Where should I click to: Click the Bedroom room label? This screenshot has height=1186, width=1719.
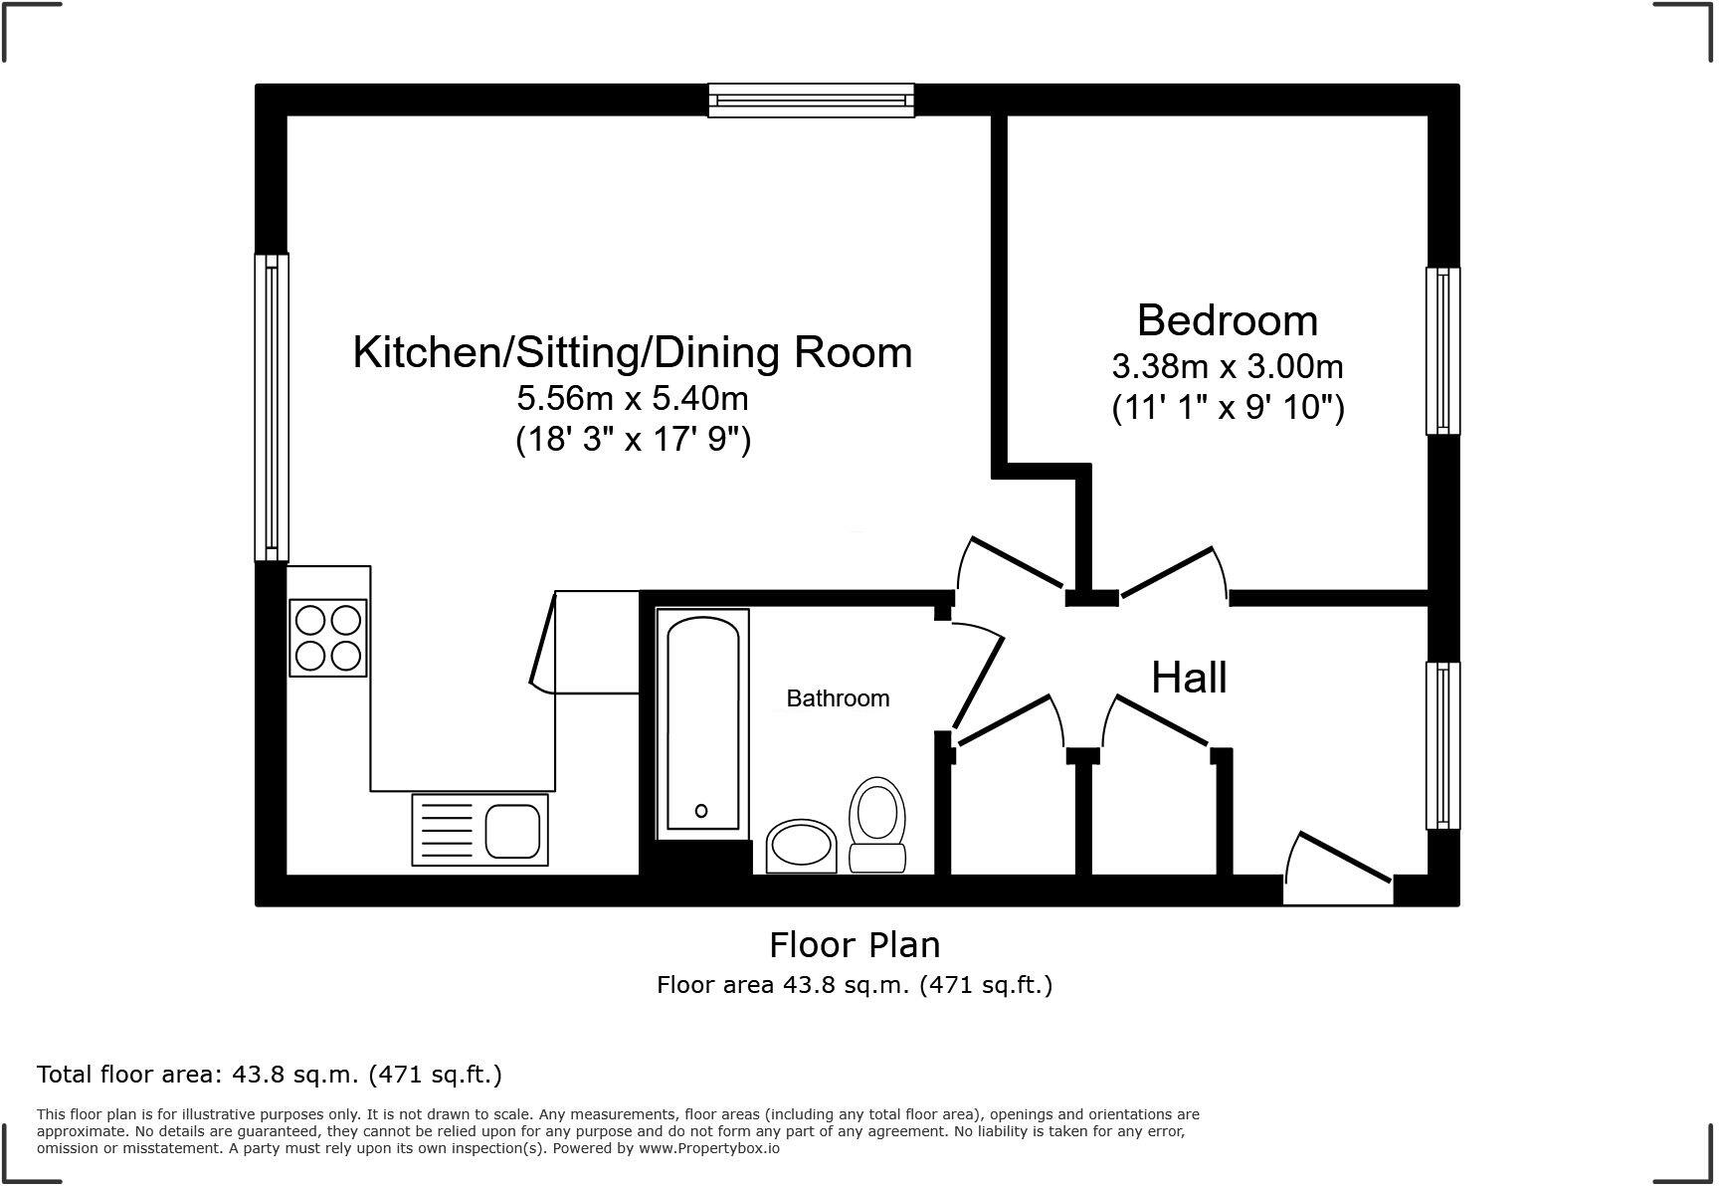pos(1227,321)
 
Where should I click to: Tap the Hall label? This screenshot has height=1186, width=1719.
pos(1189,679)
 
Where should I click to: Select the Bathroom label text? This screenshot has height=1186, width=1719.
pos(838,698)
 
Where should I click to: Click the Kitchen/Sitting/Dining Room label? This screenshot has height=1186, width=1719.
pos(633,353)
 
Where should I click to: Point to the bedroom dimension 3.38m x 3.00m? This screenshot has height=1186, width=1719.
pos(1227,367)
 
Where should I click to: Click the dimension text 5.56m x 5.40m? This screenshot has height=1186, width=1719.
pos(633,399)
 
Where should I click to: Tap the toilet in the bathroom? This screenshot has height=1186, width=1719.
pos(876,824)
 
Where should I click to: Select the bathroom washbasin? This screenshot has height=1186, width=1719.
pos(801,847)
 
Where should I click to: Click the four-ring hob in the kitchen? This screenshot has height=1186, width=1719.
pos(328,638)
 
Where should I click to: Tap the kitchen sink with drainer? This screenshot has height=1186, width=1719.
pos(479,830)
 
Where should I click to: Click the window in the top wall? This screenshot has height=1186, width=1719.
pos(811,100)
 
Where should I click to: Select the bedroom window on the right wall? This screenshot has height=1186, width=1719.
pos(1442,350)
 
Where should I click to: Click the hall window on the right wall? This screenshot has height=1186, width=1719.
pos(1442,745)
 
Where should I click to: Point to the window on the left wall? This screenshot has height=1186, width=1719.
pos(272,408)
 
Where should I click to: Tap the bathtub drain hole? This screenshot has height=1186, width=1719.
pos(701,811)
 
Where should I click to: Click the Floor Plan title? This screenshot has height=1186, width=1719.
pos(855,944)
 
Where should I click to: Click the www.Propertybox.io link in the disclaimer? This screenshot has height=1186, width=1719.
pos(708,1148)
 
